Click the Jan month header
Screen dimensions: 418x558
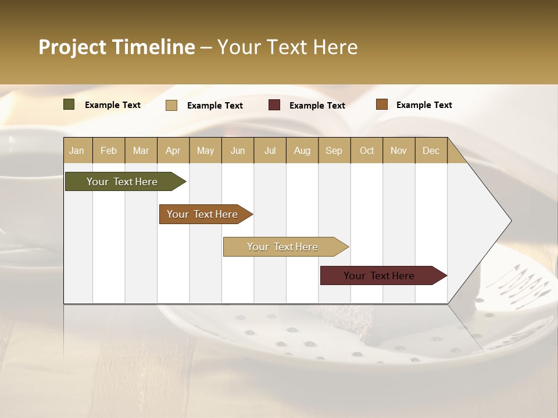tap(77, 150)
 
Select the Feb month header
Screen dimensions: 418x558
tap(109, 150)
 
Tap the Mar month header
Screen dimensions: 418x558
tap(141, 150)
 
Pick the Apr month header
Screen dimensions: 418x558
tap(173, 150)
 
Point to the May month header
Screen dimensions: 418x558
tap(205, 150)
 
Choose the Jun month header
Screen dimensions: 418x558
tap(238, 150)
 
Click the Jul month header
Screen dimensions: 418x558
tap(270, 150)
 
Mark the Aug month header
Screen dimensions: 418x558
tap(302, 150)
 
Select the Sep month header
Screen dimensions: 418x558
tap(334, 150)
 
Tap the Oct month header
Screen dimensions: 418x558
tap(367, 150)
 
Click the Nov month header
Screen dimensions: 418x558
tap(399, 150)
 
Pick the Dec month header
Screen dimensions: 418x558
tap(431, 150)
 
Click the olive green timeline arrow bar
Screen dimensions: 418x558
tap(123, 182)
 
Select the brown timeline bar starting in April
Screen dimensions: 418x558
tap(203, 214)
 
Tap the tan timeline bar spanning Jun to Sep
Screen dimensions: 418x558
tap(282, 247)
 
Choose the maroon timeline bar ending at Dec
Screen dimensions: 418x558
tap(380, 276)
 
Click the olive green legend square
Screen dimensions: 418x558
tap(69, 105)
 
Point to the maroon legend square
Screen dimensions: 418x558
tap(274, 105)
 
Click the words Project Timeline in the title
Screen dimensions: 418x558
tap(117, 47)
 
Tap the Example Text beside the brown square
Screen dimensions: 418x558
tap(424, 105)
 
